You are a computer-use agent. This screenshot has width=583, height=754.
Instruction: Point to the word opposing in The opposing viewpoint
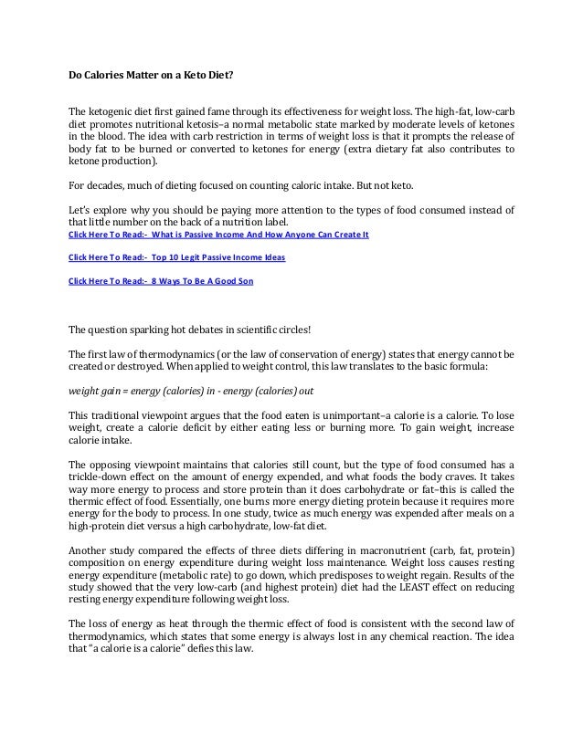click(117, 464)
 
